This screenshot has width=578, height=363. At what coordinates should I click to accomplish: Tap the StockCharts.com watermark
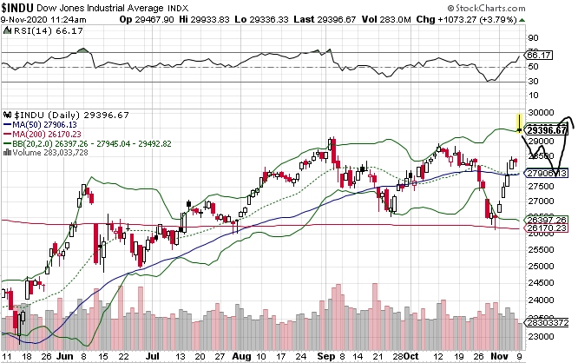(527, 6)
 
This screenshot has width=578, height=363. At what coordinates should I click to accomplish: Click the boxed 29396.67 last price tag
(547, 129)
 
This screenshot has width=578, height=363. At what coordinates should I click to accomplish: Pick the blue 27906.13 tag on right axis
(547, 174)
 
